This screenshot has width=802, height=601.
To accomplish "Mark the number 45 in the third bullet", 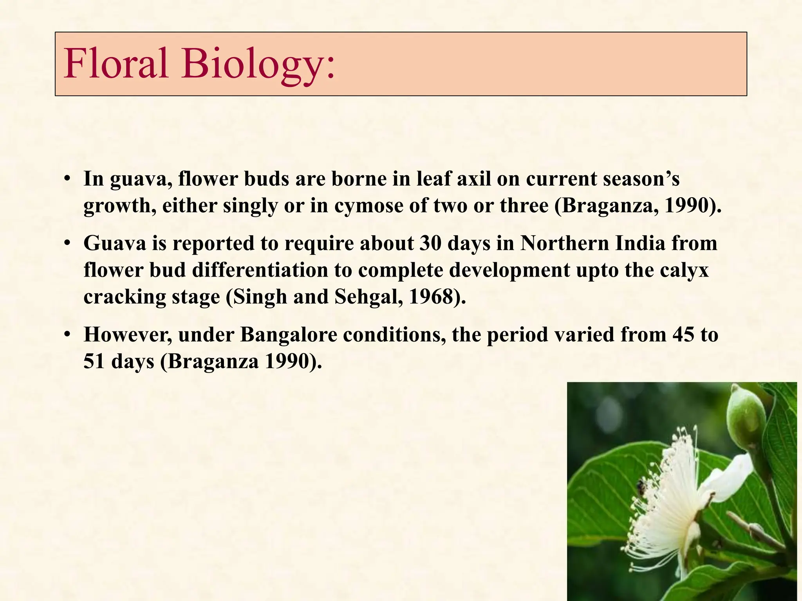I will coord(684,335).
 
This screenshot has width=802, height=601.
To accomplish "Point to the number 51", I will coord(94,362).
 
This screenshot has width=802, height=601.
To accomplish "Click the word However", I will coord(127,335).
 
